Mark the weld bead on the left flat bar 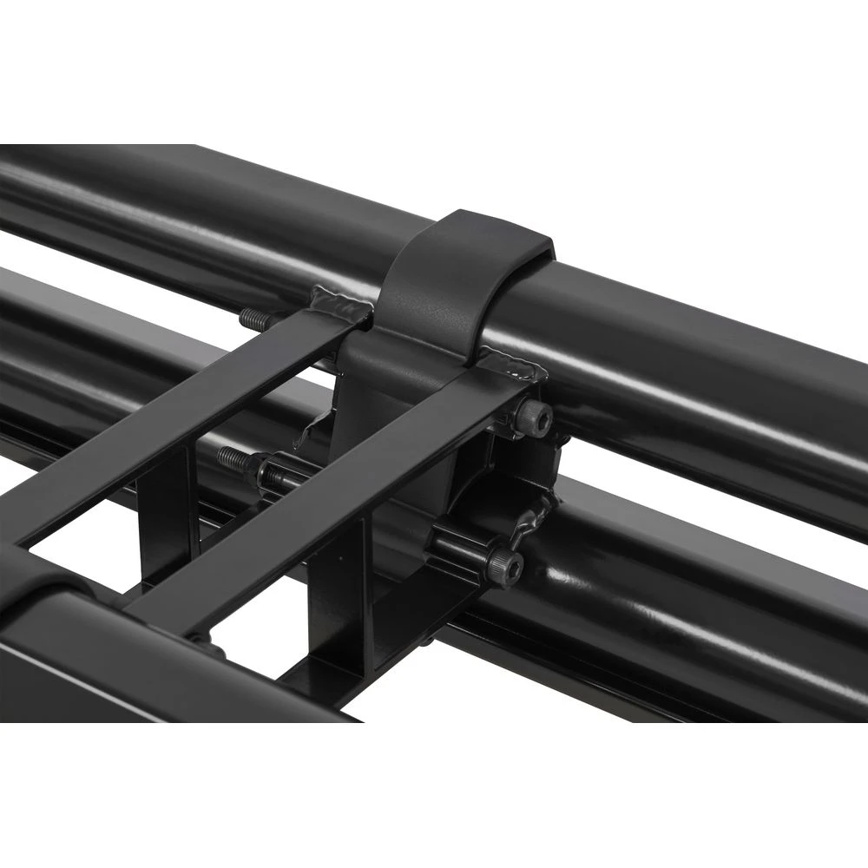coord(339,303)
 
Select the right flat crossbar coord(330,495)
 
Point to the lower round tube coord(694,608)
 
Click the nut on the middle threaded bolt coord(269,473)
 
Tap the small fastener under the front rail coord(199,643)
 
